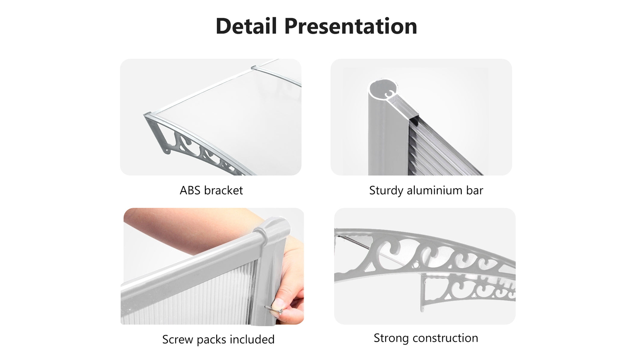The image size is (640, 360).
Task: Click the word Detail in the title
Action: [x=246, y=26]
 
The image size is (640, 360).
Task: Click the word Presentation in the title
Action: [x=351, y=27]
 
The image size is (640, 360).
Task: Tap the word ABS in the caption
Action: [x=190, y=190]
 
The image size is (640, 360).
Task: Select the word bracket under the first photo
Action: [x=224, y=190]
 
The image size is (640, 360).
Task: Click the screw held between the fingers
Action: [x=274, y=310]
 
